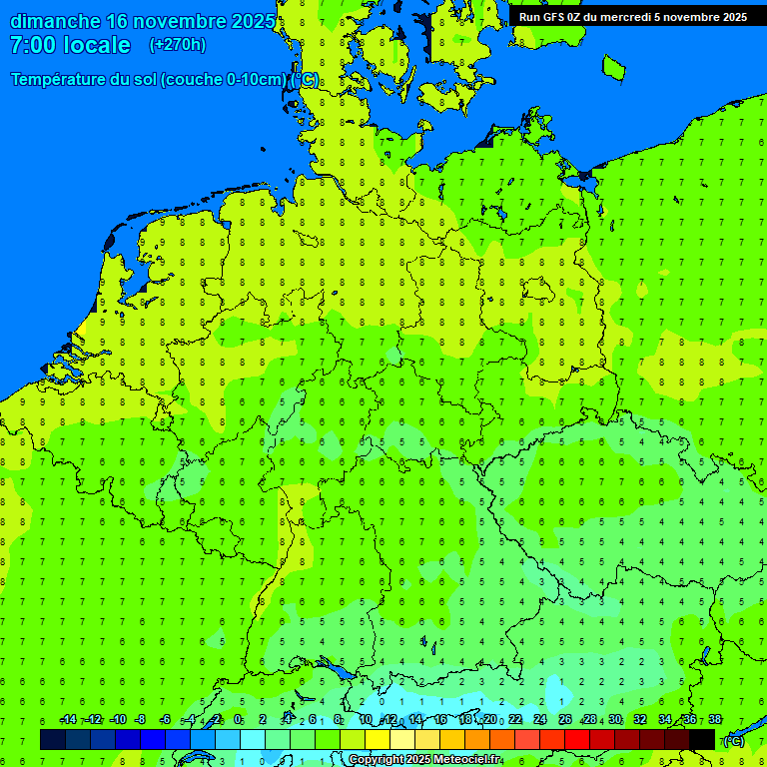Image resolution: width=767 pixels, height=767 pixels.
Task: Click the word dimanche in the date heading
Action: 54,21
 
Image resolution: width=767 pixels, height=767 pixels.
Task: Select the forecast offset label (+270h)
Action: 177,45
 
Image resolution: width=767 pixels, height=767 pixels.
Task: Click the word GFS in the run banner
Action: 555,17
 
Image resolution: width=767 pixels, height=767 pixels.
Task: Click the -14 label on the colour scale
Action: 67,720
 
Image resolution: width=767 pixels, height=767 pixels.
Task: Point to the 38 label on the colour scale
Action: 715,720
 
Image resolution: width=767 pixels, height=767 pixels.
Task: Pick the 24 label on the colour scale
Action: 540,720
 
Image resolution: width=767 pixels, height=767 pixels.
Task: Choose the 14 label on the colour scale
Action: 415,720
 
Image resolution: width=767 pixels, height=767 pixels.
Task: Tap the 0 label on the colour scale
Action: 238,720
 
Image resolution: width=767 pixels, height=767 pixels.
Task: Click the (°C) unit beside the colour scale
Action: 733,741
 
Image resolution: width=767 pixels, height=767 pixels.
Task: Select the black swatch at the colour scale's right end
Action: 702,739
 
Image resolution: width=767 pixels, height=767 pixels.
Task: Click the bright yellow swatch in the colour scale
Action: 378,739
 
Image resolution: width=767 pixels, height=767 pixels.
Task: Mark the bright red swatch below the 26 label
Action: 577,739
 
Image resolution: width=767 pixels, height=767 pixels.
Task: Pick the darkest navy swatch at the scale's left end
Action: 53,739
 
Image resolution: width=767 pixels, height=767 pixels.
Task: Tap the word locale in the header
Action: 97,45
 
